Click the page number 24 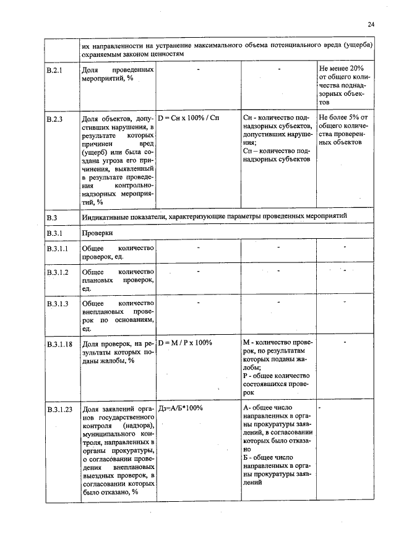371,24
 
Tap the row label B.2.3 55,117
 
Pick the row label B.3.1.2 58,272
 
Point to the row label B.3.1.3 58,303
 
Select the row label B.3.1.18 59,343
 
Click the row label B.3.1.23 59,410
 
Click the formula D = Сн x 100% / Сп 189,116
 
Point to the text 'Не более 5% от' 343,116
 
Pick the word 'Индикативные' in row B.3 106,217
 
